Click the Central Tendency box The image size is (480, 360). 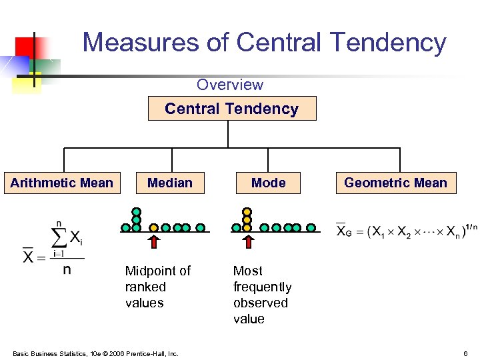click(x=231, y=109)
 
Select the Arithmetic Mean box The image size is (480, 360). click(x=62, y=183)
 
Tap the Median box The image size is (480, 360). click(x=169, y=183)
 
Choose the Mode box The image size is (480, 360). click(x=268, y=183)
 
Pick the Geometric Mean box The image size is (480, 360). click(x=395, y=183)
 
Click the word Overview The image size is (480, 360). click(x=229, y=85)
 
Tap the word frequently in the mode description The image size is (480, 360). click(x=262, y=287)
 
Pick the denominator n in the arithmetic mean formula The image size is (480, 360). click(x=67, y=271)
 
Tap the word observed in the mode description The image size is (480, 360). click(x=260, y=303)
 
